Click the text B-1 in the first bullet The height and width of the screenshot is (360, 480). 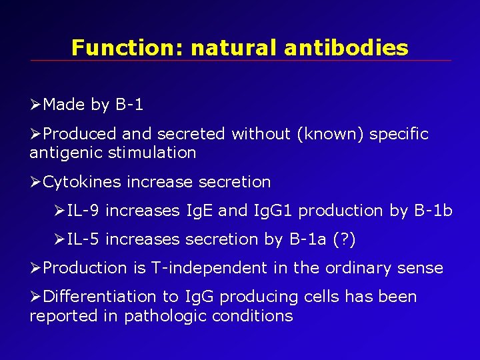pyautogui.click(x=129, y=105)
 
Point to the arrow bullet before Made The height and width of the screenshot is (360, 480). pyautogui.click(x=36, y=105)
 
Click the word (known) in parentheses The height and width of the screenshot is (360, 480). pyautogui.click(x=330, y=134)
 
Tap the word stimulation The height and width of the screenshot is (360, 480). pyautogui.click(x=153, y=153)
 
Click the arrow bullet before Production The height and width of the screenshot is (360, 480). pyautogui.click(x=36, y=268)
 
